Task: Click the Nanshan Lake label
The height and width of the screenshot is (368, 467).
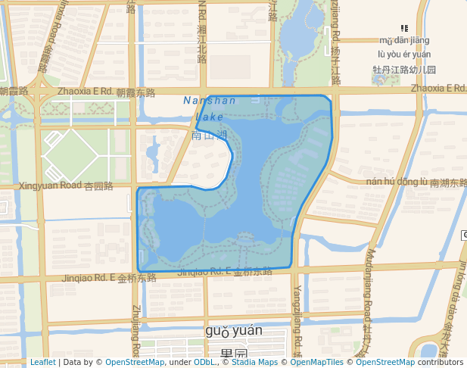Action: click(x=210, y=108)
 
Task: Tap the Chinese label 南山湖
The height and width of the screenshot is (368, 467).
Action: click(x=210, y=136)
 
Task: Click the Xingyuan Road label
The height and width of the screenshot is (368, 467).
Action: click(x=50, y=186)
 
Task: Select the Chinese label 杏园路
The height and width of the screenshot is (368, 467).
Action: click(x=98, y=186)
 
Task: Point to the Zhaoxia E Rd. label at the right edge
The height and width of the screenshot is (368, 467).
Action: click(x=438, y=89)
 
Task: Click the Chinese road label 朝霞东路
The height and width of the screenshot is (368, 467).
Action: click(x=135, y=93)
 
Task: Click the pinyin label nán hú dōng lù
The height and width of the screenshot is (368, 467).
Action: click(x=396, y=182)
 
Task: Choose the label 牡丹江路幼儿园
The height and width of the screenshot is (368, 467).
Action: click(x=404, y=70)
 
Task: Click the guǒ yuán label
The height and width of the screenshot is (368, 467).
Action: click(x=233, y=331)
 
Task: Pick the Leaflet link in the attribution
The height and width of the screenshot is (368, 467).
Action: click(x=42, y=362)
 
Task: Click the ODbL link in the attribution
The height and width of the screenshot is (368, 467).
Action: click(x=204, y=362)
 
